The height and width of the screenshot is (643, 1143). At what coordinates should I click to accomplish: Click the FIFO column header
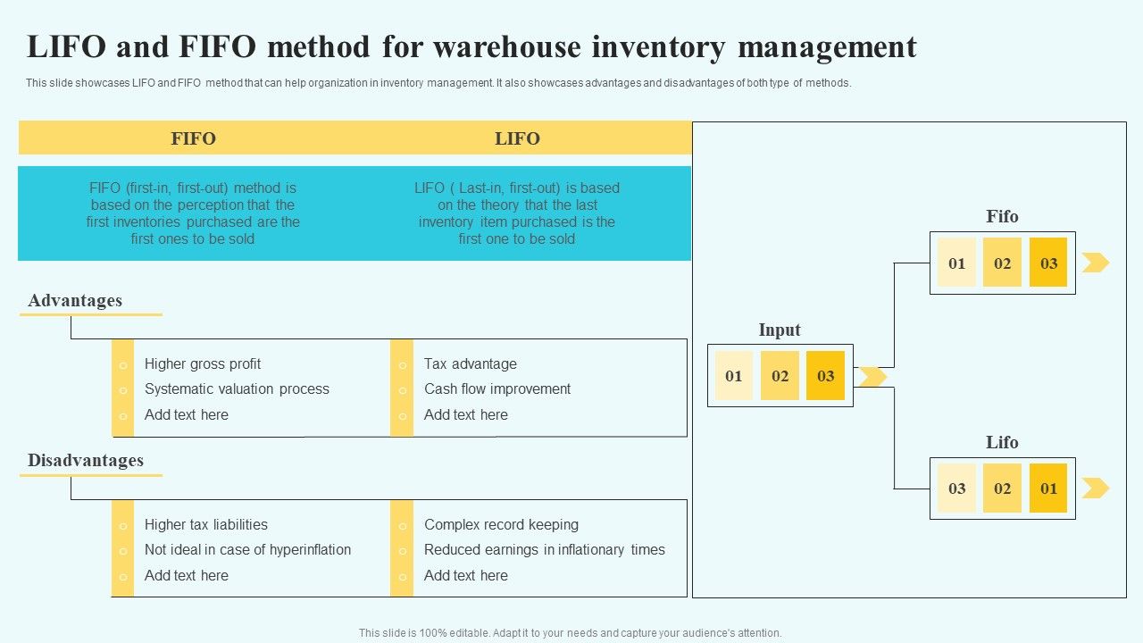(193, 138)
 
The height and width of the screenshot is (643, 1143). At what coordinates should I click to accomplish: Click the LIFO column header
(517, 138)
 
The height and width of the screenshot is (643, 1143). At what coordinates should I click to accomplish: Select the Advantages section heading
(75, 301)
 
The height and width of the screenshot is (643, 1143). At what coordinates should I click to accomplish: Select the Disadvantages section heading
(86, 461)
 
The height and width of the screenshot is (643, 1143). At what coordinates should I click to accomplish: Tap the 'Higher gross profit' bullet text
(203, 363)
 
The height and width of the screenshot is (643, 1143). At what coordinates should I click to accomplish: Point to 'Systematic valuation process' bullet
(237, 389)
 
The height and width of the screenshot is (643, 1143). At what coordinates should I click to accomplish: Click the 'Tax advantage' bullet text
(470, 363)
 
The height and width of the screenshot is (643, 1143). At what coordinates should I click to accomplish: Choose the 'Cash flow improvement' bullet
(497, 389)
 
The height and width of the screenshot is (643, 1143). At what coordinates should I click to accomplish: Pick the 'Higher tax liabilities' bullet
(206, 525)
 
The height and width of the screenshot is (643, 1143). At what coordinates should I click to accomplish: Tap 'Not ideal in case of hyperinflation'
(247, 550)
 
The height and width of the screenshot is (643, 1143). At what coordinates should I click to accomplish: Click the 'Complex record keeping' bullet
(501, 525)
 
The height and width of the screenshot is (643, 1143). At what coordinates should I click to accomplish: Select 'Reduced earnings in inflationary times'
(544, 550)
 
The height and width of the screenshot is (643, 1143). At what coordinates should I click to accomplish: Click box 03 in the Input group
(825, 375)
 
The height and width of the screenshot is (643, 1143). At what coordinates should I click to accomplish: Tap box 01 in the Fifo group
(956, 263)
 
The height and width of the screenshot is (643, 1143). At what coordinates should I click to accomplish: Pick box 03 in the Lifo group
(956, 489)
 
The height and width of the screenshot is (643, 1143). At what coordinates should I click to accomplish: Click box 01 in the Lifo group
(1048, 489)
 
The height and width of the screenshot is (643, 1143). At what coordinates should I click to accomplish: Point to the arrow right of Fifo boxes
(1096, 263)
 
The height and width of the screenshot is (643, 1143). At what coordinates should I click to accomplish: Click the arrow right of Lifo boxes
(1096, 489)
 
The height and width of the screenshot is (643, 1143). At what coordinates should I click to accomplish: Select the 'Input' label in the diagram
(780, 330)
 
